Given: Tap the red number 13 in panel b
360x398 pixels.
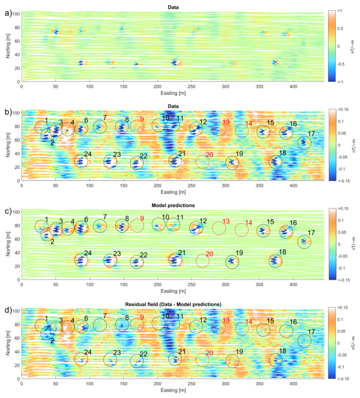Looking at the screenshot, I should (x=226, y=122).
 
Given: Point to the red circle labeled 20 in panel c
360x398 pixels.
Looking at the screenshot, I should (x=203, y=261).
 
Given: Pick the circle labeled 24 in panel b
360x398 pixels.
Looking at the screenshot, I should (x=81, y=161).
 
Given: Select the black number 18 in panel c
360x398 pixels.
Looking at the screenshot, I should (x=283, y=252).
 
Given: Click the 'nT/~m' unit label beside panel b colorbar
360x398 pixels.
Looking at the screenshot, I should (x=354, y=145).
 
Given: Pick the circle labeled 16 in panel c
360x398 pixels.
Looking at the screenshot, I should (x=286, y=231).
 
